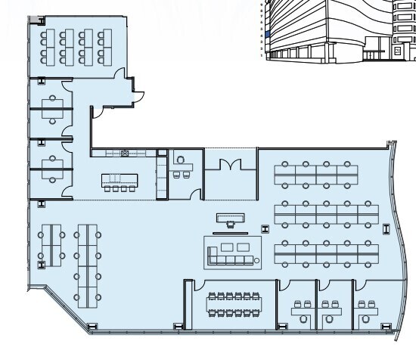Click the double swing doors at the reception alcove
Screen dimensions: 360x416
click(229, 164)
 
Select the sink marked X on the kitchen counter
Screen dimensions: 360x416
click(126, 154)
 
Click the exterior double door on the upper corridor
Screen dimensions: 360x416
click(138, 95)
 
